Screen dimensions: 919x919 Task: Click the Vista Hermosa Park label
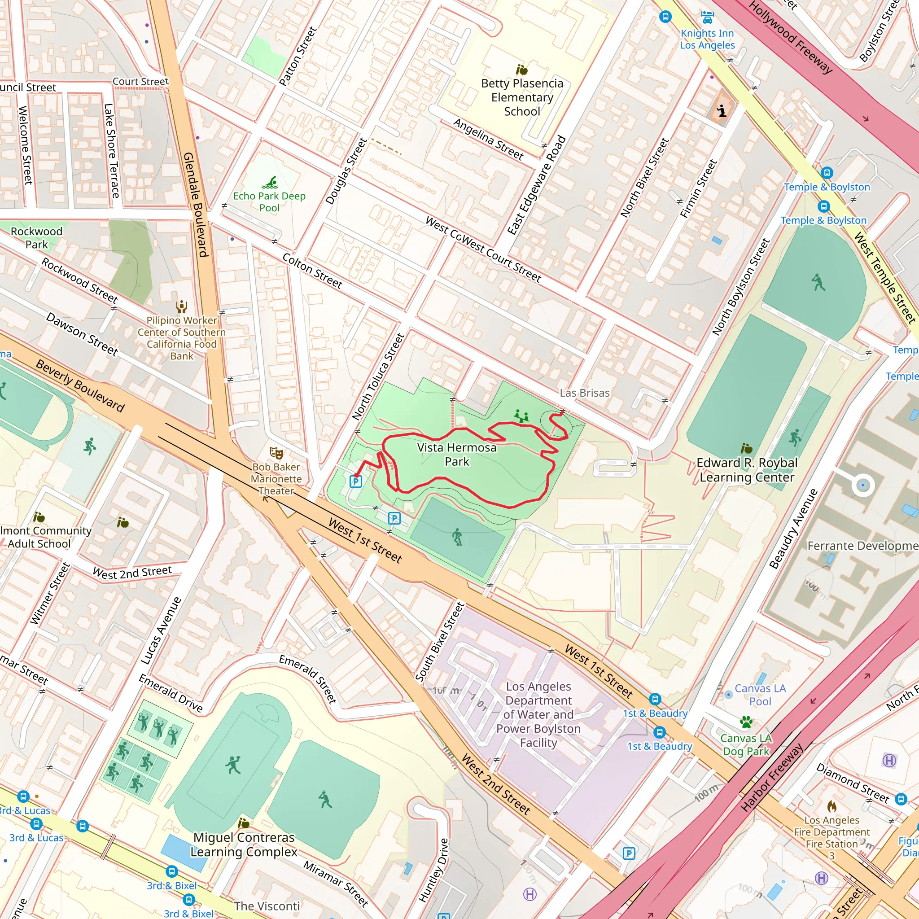456,454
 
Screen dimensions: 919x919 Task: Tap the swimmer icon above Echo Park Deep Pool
270,182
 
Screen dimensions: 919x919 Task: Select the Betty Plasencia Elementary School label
522,97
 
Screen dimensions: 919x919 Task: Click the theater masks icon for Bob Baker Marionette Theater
276,452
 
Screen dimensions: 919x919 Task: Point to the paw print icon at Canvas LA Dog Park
746,722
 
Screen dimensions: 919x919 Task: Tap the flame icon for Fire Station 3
831,806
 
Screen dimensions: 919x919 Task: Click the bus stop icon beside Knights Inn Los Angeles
665,17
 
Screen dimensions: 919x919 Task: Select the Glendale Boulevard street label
196,205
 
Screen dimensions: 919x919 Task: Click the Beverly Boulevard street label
80,386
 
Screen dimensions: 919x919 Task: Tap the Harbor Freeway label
771,777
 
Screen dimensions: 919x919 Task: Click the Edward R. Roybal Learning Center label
746,470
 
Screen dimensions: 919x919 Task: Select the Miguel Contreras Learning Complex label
244,845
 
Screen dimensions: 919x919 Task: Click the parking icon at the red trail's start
355,481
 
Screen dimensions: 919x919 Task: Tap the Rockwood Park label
37,237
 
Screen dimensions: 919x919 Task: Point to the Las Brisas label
584,393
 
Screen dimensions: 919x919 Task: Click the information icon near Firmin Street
722,111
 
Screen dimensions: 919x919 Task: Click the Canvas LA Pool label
760,695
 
